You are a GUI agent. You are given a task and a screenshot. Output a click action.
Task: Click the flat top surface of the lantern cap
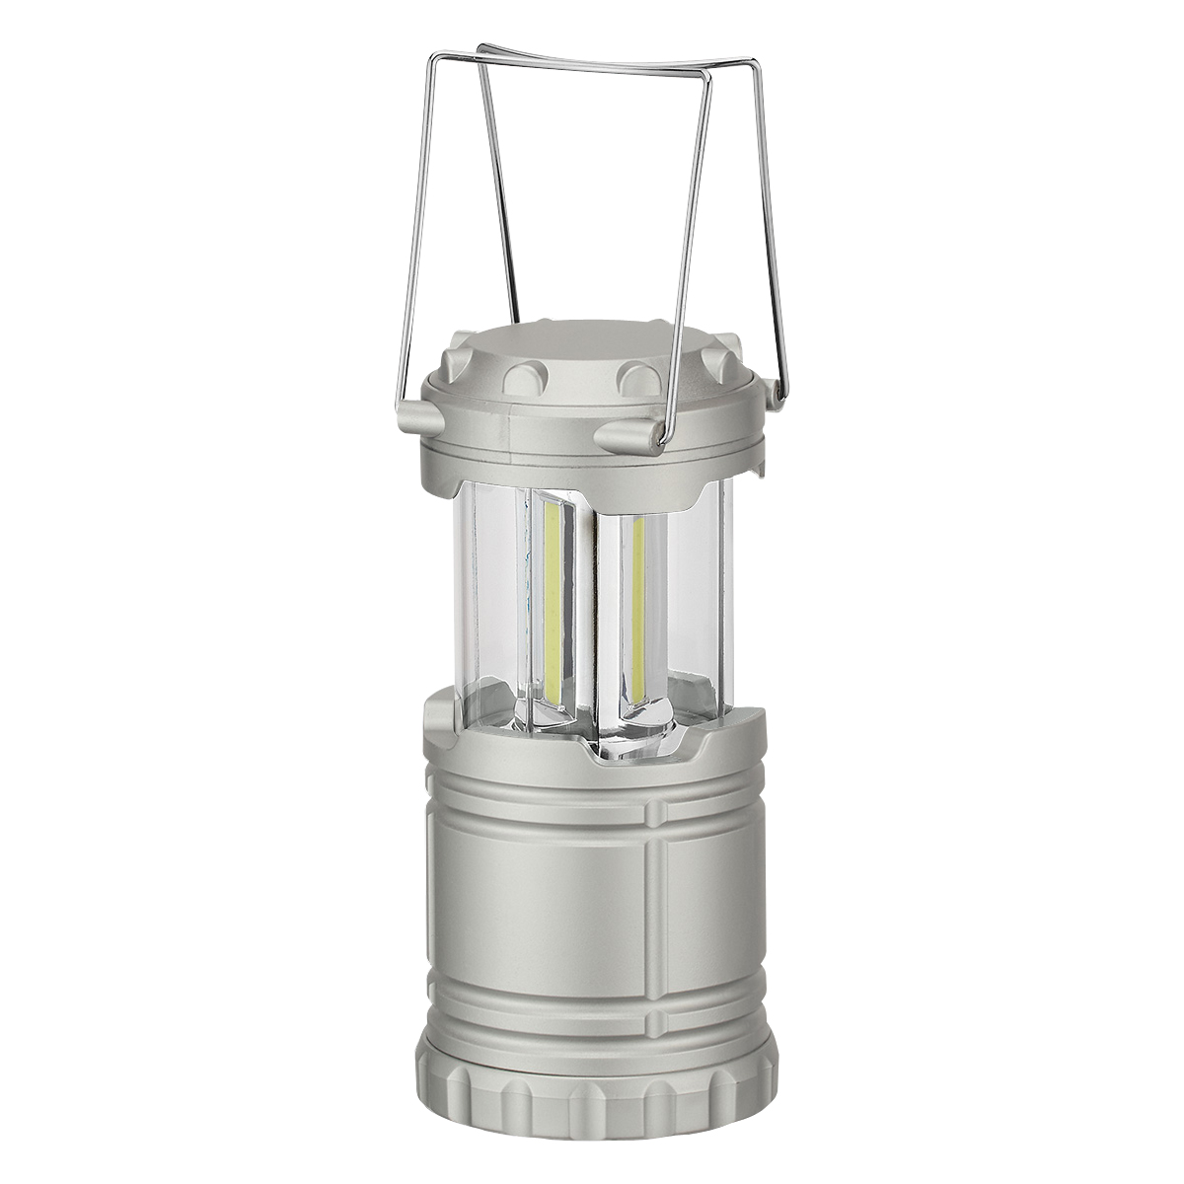point(592,345)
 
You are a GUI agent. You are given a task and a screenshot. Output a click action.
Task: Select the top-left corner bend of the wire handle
point(480,49)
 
